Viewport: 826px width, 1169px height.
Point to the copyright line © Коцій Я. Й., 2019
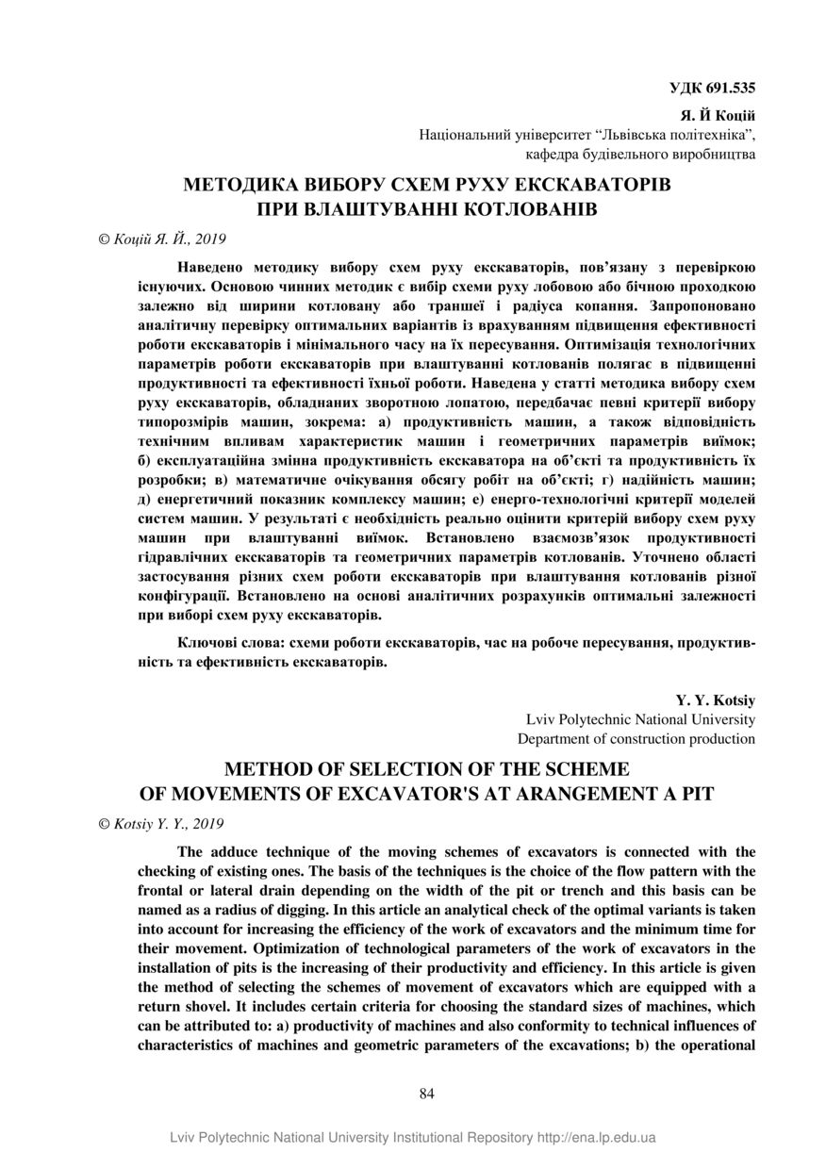coord(162,239)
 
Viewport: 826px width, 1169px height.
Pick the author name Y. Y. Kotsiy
coord(716,700)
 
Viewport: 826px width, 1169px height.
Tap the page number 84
coord(426,1094)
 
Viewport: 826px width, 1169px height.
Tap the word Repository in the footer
coord(501,1138)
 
